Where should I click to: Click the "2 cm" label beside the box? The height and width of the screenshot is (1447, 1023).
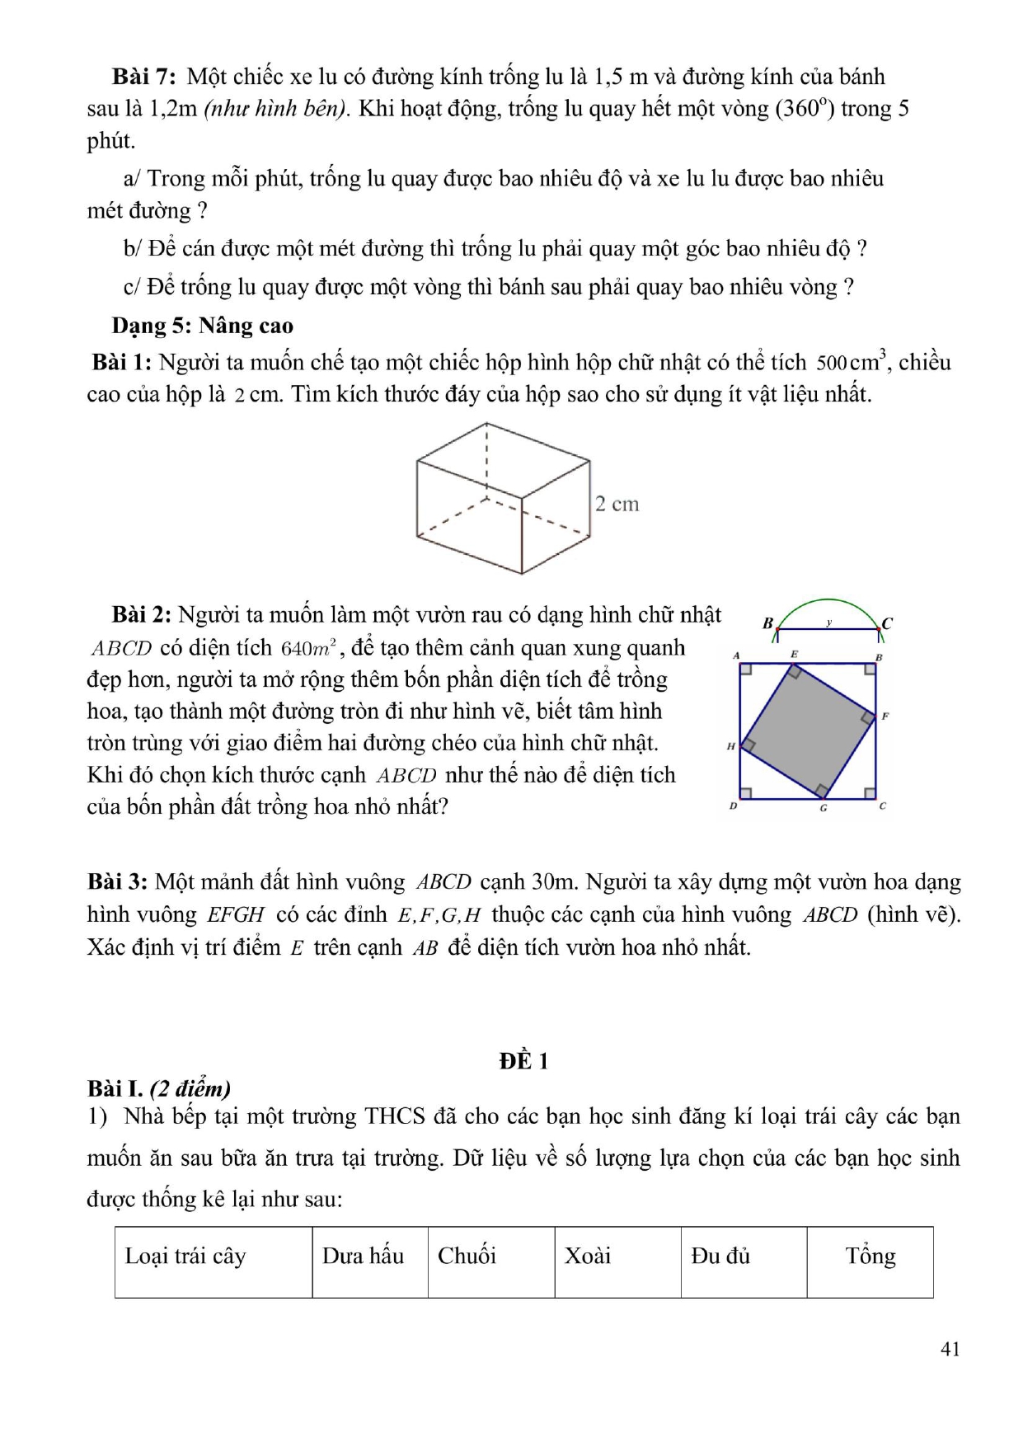(x=617, y=504)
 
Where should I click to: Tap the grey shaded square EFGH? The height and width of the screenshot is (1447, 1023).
(x=808, y=731)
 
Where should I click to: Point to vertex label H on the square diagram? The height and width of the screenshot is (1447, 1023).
(x=730, y=747)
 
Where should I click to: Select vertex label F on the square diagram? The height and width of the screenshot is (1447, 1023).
(x=885, y=716)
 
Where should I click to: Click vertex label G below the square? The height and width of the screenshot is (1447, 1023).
(x=823, y=808)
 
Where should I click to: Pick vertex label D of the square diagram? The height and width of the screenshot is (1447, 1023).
(x=733, y=806)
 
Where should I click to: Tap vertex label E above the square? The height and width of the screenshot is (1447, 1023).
(x=794, y=654)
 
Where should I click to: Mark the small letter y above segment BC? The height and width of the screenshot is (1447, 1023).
(x=829, y=622)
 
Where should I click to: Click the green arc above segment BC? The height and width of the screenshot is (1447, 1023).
(x=828, y=601)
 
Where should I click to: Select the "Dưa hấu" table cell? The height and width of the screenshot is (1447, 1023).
(x=363, y=1256)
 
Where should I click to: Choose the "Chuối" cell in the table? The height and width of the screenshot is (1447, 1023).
(x=467, y=1256)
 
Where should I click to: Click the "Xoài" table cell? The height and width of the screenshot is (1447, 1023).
(x=588, y=1256)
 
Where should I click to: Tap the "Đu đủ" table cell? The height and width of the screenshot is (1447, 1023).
(x=720, y=1256)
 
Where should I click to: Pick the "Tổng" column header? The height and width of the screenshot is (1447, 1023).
(x=870, y=1256)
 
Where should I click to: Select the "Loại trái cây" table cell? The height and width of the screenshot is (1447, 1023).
(x=185, y=1256)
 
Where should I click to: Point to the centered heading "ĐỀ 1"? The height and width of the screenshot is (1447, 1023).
(x=523, y=1061)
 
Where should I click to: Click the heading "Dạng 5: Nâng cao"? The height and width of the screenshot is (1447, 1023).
(x=203, y=326)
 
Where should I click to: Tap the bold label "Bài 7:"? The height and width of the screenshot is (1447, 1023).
(x=143, y=77)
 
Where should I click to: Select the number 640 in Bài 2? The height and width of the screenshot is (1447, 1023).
(x=294, y=649)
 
